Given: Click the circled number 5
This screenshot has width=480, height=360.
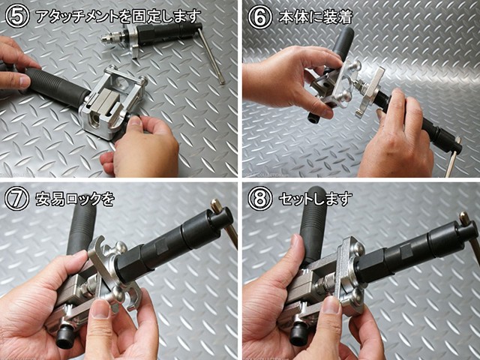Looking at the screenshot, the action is (x=17, y=16).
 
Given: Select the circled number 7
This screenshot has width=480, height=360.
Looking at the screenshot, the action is (x=17, y=199).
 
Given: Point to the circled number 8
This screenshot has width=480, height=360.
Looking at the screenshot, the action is (x=260, y=199).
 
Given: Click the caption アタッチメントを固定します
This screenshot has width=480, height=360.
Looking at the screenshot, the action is (x=118, y=16).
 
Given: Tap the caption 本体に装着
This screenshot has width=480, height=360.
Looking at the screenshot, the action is (x=316, y=16).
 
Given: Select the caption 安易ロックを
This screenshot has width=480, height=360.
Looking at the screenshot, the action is (x=75, y=199).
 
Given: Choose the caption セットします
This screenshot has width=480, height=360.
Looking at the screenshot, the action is (x=315, y=199).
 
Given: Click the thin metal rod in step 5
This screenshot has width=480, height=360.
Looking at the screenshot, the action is (x=211, y=55).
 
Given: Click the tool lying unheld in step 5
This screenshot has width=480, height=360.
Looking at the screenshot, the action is (x=163, y=40).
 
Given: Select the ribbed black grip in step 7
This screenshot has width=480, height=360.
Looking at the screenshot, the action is (x=82, y=228).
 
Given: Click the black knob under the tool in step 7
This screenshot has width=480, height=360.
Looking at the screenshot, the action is (x=65, y=337).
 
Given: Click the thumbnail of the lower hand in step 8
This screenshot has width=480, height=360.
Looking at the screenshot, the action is (x=331, y=305).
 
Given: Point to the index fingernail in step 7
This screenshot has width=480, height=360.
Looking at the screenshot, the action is (x=101, y=309).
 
